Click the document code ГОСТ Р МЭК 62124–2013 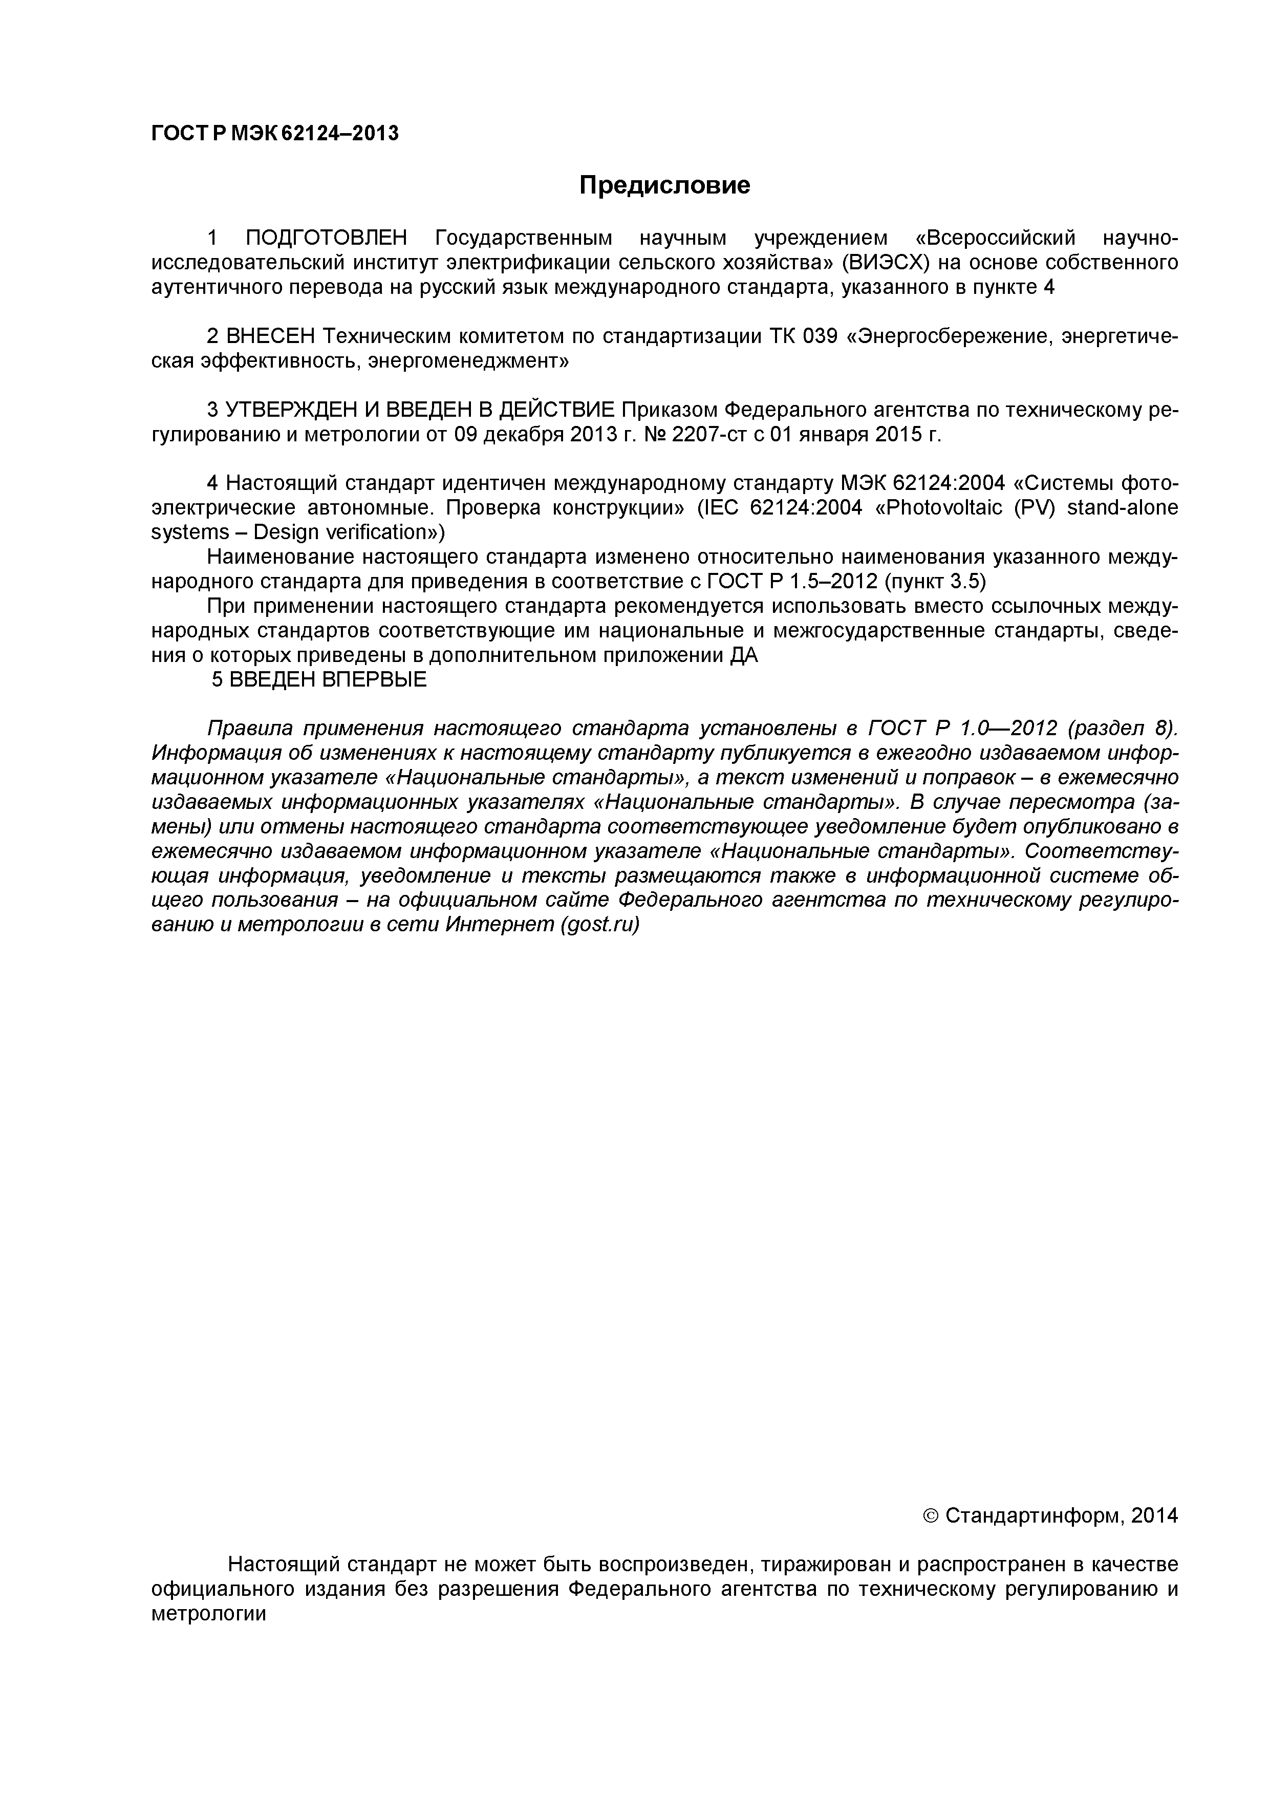pos(274,134)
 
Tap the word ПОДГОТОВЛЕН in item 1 pos(327,238)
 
